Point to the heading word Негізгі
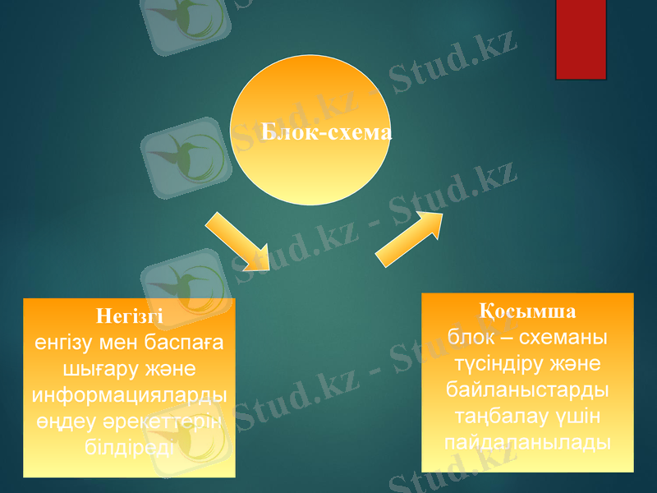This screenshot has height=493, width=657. pos(129,316)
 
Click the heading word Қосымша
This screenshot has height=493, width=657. pos(527,312)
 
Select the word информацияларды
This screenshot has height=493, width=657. pos(129,395)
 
